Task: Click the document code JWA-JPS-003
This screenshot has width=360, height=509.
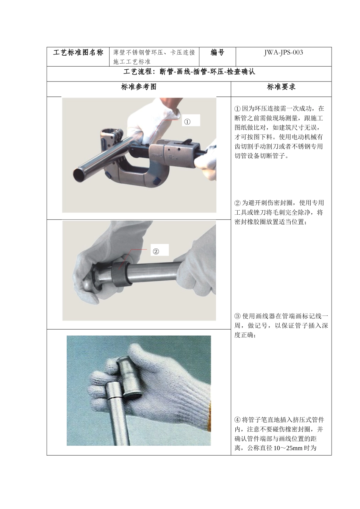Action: (x=283, y=53)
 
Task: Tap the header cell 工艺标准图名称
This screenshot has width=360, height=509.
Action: (x=78, y=53)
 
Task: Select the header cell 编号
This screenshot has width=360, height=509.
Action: (x=217, y=53)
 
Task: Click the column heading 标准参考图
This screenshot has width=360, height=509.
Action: (x=139, y=87)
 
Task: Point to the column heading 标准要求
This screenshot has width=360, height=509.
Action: (x=281, y=87)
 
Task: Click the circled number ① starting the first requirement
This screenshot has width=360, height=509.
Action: (x=238, y=109)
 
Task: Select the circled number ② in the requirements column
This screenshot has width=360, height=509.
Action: (x=238, y=203)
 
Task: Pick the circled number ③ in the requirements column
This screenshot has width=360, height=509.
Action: (x=238, y=316)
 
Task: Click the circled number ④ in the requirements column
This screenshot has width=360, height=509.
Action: (x=238, y=420)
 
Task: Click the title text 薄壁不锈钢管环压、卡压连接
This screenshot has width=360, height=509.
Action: (x=154, y=53)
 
